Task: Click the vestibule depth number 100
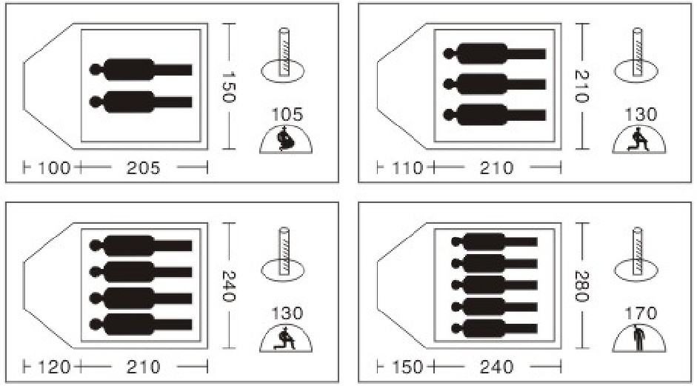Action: (x=54, y=168)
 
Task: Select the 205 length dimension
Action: (x=143, y=168)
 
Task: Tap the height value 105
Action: (x=287, y=115)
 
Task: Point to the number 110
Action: (x=407, y=168)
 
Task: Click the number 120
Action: (x=54, y=367)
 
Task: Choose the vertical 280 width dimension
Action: (x=581, y=286)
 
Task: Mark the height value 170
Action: (x=641, y=313)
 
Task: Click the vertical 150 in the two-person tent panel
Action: (x=228, y=86)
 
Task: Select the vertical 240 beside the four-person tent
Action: (x=228, y=286)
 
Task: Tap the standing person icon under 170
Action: (x=639, y=339)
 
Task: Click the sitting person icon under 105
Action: (x=284, y=139)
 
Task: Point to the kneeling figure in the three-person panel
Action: (x=638, y=139)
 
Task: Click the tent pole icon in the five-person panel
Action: (x=637, y=254)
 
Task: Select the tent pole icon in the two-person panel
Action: (x=283, y=55)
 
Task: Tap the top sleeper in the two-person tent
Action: (x=141, y=70)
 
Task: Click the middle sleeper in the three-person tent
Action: (x=494, y=84)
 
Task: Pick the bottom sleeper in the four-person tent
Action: (x=141, y=325)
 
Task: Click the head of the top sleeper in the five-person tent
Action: (x=456, y=242)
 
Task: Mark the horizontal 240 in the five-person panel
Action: (x=496, y=367)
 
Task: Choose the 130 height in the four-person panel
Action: (x=287, y=313)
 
